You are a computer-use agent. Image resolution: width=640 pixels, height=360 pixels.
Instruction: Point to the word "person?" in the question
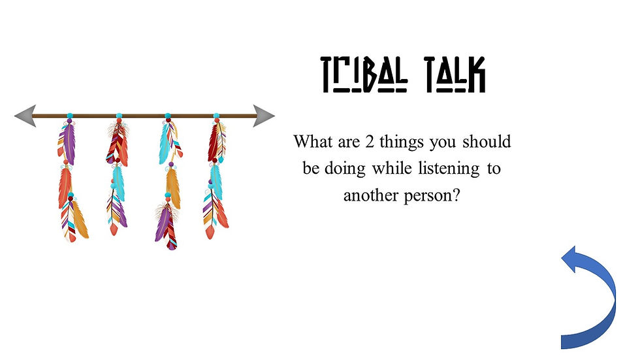point(432,195)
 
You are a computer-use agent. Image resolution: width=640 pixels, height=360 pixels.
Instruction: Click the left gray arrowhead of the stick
point(24,116)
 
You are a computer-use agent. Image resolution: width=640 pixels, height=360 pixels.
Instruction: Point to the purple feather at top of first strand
point(67,144)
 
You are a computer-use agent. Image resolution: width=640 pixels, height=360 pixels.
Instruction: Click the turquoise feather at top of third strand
point(164,144)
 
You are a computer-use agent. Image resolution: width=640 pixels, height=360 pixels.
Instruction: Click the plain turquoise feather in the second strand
point(118,183)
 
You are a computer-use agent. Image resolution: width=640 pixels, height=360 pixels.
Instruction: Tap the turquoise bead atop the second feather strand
point(119,116)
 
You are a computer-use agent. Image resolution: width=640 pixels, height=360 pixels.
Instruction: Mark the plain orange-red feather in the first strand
point(65,186)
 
